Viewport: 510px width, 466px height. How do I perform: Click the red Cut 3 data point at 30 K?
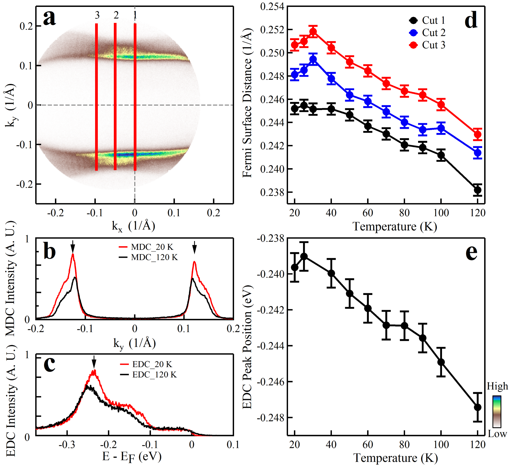pyautogui.click(x=313, y=32)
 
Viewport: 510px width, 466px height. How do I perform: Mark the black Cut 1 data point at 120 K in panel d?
pyautogui.click(x=478, y=190)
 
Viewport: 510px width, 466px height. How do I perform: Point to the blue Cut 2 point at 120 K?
pyautogui.click(x=478, y=153)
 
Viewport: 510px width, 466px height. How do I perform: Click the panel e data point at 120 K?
pyautogui.click(x=478, y=407)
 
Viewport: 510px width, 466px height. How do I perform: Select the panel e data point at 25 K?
pyautogui.click(x=304, y=257)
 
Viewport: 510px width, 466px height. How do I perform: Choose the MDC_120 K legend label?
pyautogui.click(x=154, y=257)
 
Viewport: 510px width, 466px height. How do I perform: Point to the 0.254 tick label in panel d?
pyautogui.click(x=272, y=7)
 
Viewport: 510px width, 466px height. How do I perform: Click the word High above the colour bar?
pyautogui.click(x=497, y=386)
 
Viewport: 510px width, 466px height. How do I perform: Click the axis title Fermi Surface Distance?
pyautogui.click(x=247, y=103)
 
